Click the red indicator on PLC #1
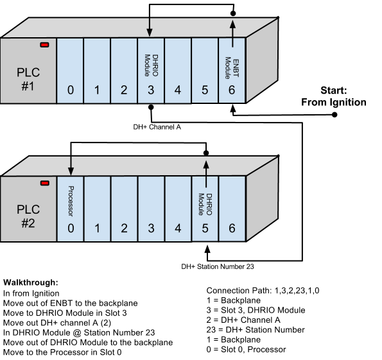(x=44, y=44)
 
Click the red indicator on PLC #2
(x=44, y=183)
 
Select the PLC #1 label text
(x=28, y=77)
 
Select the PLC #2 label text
(x=28, y=216)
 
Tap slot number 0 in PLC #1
(x=70, y=90)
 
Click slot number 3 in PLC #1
(x=151, y=90)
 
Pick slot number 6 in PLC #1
(x=232, y=90)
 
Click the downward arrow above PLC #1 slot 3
(x=150, y=26)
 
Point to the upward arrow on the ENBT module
(x=232, y=33)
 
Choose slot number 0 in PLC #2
(x=70, y=228)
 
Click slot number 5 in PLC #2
(x=205, y=228)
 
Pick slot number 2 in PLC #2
(x=124, y=228)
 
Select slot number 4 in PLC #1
(x=178, y=90)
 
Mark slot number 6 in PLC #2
(x=232, y=228)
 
